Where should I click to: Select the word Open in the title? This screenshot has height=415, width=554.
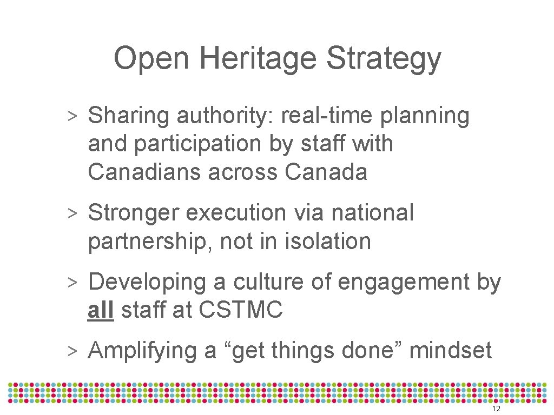pyautogui.click(x=150, y=58)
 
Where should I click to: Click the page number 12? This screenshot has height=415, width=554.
pyautogui.click(x=496, y=409)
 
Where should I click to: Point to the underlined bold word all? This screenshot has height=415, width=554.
pyautogui.click(x=101, y=310)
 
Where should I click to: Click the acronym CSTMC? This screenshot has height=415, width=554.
pyautogui.click(x=241, y=310)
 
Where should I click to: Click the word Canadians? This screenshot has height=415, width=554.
pyautogui.click(x=142, y=172)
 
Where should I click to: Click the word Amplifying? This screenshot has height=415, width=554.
pyautogui.click(x=142, y=351)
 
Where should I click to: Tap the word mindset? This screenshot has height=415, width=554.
pyautogui.click(x=451, y=351)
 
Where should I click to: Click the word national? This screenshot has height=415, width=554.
pyautogui.click(x=373, y=213)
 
